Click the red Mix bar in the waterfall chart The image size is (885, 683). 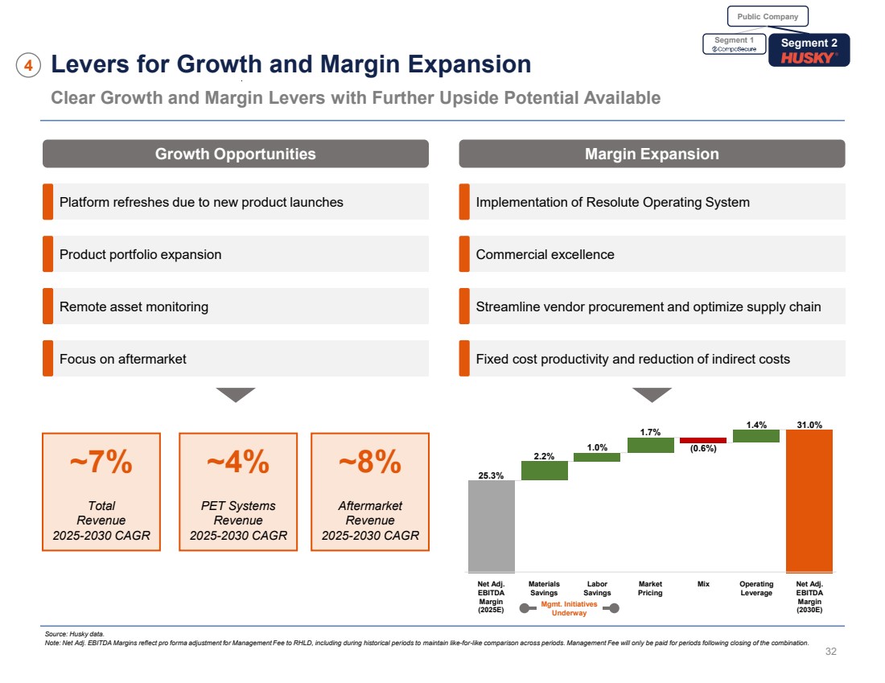(x=702, y=441)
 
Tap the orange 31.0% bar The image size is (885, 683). (x=809, y=500)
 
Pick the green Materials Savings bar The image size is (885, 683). (x=544, y=471)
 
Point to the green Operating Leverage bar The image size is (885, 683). (x=755, y=436)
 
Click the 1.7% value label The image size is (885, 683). (x=650, y=433)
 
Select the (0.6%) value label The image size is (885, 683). (x=702, y=449)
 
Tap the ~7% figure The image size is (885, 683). (x=101, y=463)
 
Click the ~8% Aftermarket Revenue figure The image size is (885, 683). (x=370, y=463)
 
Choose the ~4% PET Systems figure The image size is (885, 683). (x=238, y=463)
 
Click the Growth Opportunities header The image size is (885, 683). (x=235, y=154)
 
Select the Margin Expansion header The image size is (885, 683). (x=652, y=154)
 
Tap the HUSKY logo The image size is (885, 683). (x=809, y=57)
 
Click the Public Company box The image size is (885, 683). (x=768, y=16)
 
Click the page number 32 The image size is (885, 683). (x=831, y=652)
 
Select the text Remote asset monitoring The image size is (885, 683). (x=134, y=307)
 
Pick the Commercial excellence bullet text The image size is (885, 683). (x=545, y=254)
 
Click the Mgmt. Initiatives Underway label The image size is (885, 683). (x=569, y=608)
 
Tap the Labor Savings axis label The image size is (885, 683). (x=597, y=589)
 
